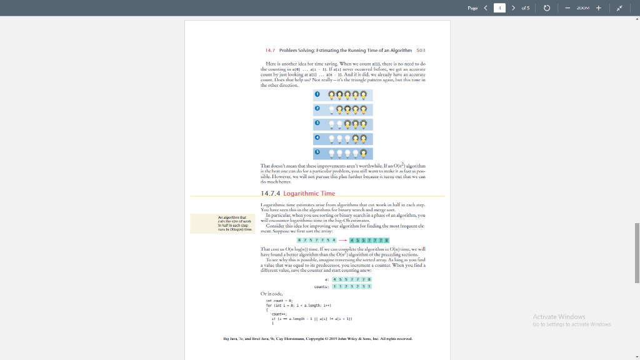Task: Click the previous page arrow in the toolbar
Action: coord(485,7)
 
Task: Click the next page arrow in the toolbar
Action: coord(513,7)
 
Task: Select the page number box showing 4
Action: coord(499,7)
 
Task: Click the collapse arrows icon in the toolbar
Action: coord(621,7)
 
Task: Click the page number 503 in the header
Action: coord(421,49)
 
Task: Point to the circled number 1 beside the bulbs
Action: coord(317,95)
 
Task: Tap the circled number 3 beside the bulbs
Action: coord(317,124)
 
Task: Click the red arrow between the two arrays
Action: coord(342,241)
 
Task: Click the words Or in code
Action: coord(272,293)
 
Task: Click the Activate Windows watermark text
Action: coord(559,317)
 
